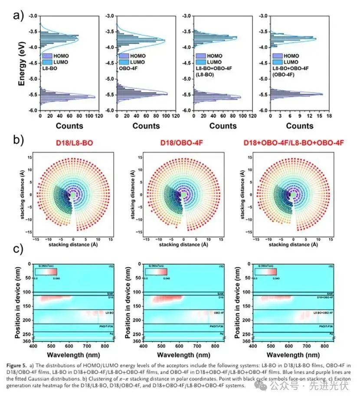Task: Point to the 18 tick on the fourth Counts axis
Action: click(x=329, y=116)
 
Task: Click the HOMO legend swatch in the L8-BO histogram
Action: click(x=48, y=56)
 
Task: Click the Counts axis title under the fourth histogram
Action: click(x=299, y=126)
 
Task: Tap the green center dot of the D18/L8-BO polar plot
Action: click(x=73, y=195)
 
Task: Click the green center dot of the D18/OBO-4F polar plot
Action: click(x=183, y=195)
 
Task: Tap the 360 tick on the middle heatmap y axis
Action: click(x=137, y=341)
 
